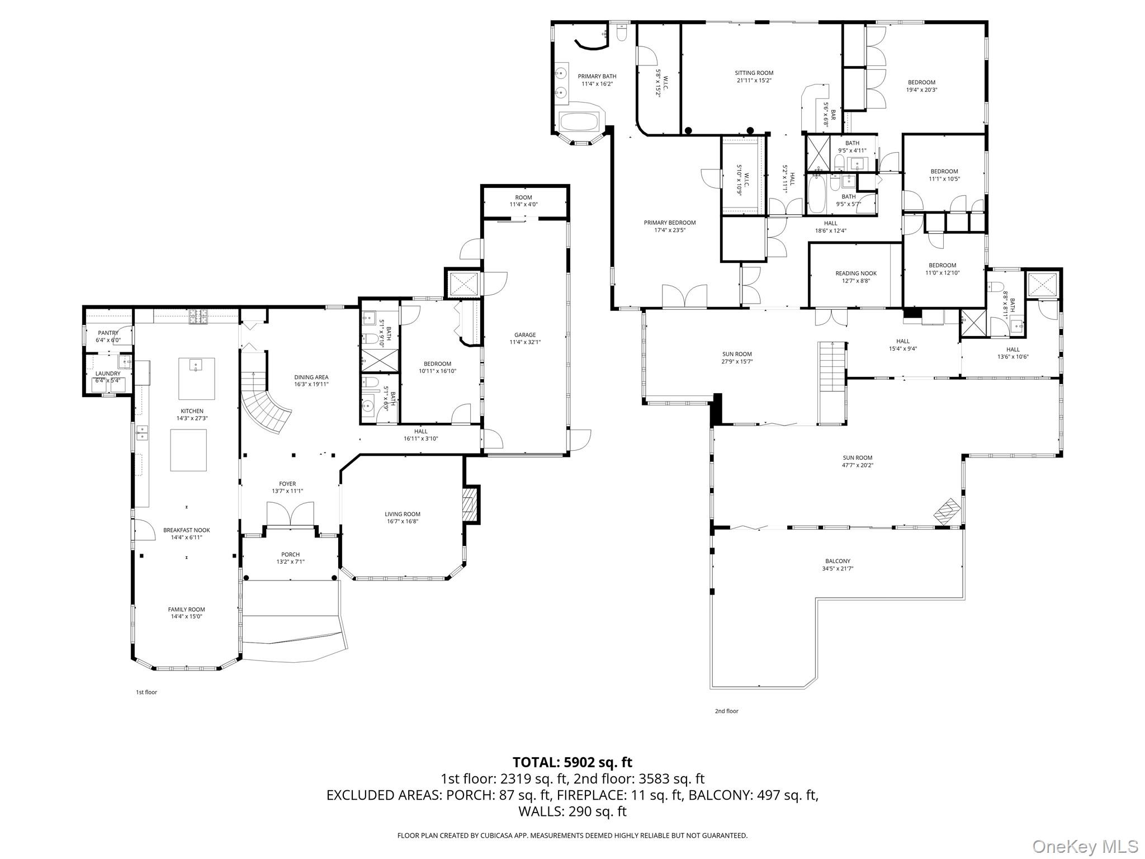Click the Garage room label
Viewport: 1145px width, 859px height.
(x=524, y=335)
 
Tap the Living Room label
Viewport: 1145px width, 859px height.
(x=402, y=514)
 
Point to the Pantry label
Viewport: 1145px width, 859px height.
(x=108, y=333)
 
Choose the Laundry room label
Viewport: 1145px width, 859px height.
(x=107, y=374)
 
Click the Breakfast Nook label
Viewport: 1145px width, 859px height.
(x=186, y=530)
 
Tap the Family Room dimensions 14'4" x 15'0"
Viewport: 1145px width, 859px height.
(x=186, y=616)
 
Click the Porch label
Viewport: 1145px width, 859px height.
(x=290, y=555)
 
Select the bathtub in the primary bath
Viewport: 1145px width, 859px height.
(x=579, y=121)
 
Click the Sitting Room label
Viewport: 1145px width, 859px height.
(x=754, y=73)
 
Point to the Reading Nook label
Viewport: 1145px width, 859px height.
(x=855, y=273)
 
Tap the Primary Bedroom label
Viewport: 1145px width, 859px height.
(x=669, y=223)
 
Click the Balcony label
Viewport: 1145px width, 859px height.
(x=837, y=561)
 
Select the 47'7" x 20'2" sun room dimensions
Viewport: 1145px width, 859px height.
(x=857, y=465)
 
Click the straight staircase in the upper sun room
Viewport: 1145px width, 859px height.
(x=831, y=383)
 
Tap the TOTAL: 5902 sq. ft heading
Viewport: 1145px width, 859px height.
(x=572, y=762)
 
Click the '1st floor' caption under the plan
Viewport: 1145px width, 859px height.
(x=146, y=692)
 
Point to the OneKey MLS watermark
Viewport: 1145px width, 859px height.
(x=1085, y=846)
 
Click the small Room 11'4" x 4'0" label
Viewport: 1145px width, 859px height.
(x=523, y=197)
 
